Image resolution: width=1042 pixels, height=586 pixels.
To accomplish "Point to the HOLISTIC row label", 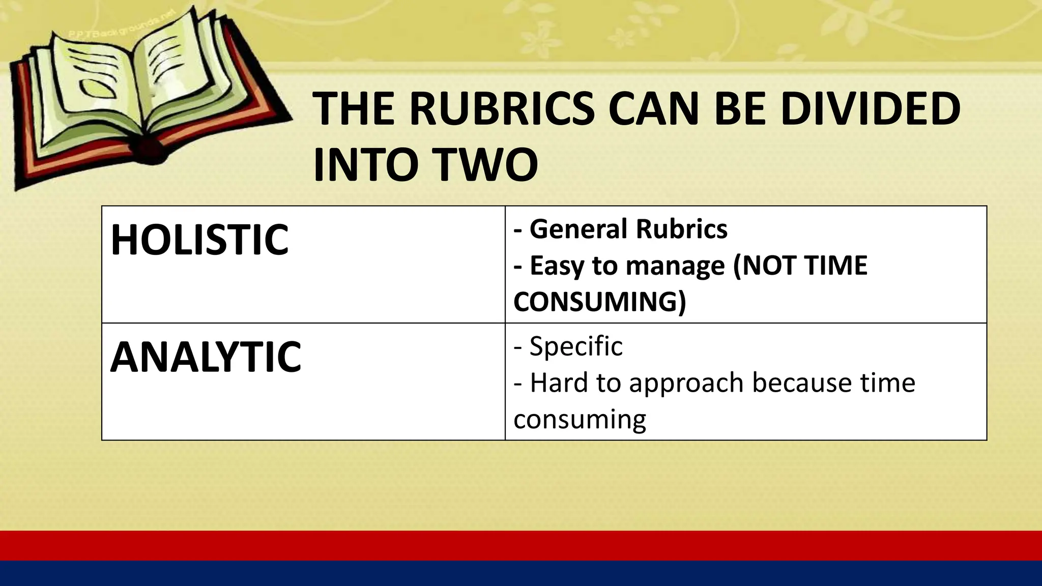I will coord(199,240).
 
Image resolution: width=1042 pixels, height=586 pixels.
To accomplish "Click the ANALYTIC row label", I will coord(206,357).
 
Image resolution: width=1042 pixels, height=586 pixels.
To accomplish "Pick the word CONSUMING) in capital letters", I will coord(599,302).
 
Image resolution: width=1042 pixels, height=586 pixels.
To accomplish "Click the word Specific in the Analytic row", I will coord(576,346).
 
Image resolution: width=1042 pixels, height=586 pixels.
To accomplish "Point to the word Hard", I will coord(559,383).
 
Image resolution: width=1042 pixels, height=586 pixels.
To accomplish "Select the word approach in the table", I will coord(686,384).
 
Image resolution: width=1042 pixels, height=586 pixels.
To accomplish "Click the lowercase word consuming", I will coord(580,420).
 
